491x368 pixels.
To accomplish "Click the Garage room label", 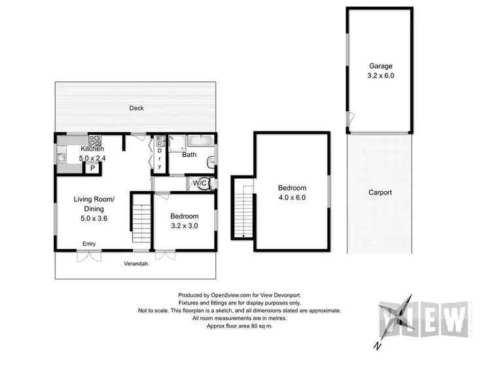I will click(x=380, y=65).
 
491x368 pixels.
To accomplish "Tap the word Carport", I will click(x=380, y=193).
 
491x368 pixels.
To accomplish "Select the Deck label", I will click(x=136, y=108).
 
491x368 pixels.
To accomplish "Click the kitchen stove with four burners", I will click(x=95, y=140).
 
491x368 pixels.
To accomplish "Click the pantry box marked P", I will click(x=93, y=168).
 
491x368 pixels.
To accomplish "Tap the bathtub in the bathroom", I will click(x=197, y=140).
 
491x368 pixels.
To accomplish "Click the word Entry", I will click(x=88, y=244).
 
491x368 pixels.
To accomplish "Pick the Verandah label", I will click(x=136, y=264).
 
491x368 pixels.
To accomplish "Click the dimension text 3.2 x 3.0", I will click(x=184, y=226).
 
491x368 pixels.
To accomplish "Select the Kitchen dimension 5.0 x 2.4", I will click(x=93, y=157).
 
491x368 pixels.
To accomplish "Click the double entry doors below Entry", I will click(x=88, y=255).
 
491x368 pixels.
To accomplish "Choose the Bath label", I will click(x=189, y=155).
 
